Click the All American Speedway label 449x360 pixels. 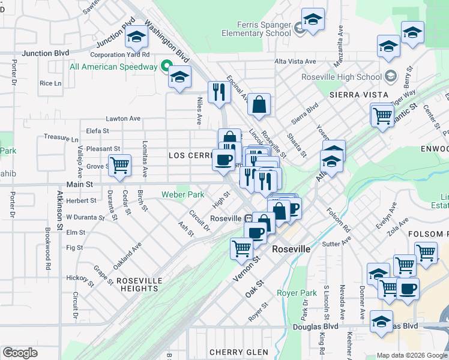tap(113, 67)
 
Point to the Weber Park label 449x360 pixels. tap(182, 194)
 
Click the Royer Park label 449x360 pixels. tap(296, 293)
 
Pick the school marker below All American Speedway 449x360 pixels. tap(179, 77)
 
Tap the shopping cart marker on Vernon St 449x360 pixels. tap(241, 247)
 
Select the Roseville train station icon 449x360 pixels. tap(249, 218)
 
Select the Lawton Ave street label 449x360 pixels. tap(123, 119)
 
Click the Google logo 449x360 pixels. tap(20, 353)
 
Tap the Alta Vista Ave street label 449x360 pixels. tap(295, 62)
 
